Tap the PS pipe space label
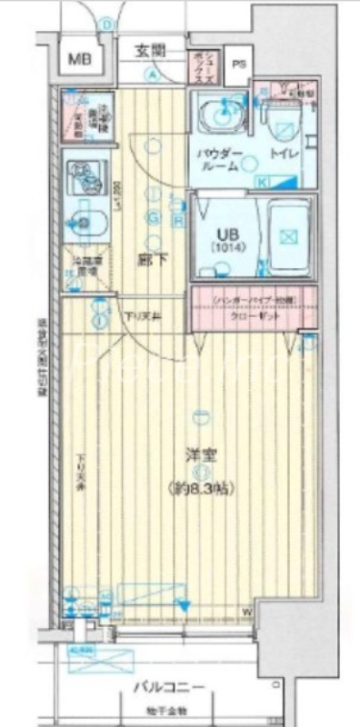[x=239, y=65]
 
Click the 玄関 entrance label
[x=152, y=50]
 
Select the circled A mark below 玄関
[x=155, y=75]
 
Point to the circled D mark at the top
[x=106, y=25]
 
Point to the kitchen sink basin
[x=85, y=219]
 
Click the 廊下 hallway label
[x=151, y=257]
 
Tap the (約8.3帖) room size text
[x=201, y=488]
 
